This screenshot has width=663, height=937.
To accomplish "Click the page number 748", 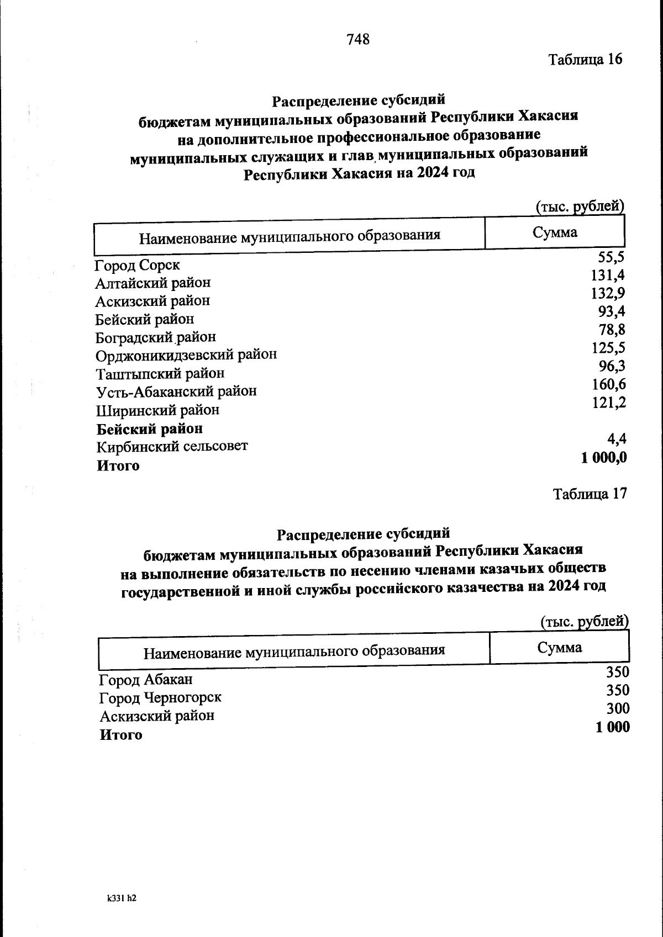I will pos(357,40).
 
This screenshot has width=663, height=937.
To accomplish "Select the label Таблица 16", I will pos(585,59).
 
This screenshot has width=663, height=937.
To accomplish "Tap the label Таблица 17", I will pos(590,494).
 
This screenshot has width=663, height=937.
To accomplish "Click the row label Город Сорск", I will pos(137,265).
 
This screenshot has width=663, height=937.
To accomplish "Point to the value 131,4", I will pos(608,275).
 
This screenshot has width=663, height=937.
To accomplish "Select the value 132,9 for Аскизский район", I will pos(608,293).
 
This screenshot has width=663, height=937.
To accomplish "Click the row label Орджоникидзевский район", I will pos(186,354).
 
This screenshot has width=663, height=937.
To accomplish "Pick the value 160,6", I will pos(609,384).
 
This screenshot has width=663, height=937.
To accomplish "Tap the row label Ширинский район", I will pos(158,410).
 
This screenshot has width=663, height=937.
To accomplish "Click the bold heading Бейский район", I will pos(150,428).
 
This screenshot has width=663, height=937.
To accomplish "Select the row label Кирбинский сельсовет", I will pos(172,446).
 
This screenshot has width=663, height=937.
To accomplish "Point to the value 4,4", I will pos(617,440).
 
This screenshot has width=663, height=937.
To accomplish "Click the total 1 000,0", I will pos(604,458).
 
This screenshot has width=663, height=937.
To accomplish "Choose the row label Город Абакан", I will pos(146,680).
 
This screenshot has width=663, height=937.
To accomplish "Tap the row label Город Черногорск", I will pos(160,698).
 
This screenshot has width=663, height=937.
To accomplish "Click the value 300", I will pos(618,709).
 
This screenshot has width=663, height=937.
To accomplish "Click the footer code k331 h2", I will pos(122,898).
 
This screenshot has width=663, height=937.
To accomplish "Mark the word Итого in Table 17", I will pos(120,735).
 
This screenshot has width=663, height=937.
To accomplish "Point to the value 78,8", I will pos(612,330).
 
